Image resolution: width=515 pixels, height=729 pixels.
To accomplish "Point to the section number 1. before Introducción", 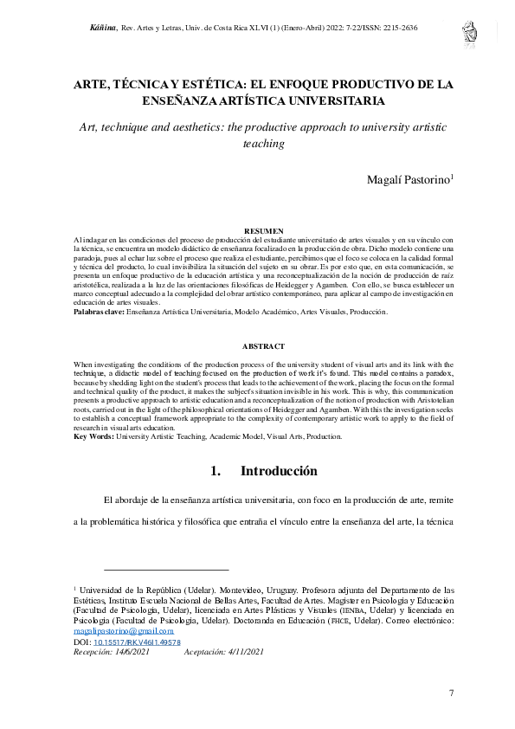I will pos(216,472).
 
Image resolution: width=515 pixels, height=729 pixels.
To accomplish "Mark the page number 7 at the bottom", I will pos(452,693).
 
